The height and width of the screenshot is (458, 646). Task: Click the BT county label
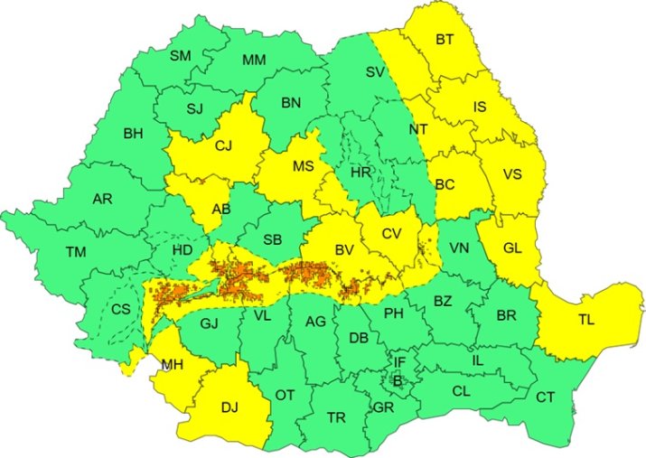click(445, 40)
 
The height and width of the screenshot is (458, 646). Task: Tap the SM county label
click(181, 56)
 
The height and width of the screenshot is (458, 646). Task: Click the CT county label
click(546, 397)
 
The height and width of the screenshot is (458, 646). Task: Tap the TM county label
click(75, 251)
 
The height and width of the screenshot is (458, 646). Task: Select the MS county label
click(301, 166)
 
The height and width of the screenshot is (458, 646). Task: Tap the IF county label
click(398, 362)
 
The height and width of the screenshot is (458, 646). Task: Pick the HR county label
click(361, 171)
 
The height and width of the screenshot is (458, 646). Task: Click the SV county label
click(375, 72)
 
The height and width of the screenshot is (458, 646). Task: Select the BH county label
click(134, 134)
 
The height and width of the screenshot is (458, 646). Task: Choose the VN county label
click(459, 247)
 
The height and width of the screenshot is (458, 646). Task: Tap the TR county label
click(336, 417)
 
